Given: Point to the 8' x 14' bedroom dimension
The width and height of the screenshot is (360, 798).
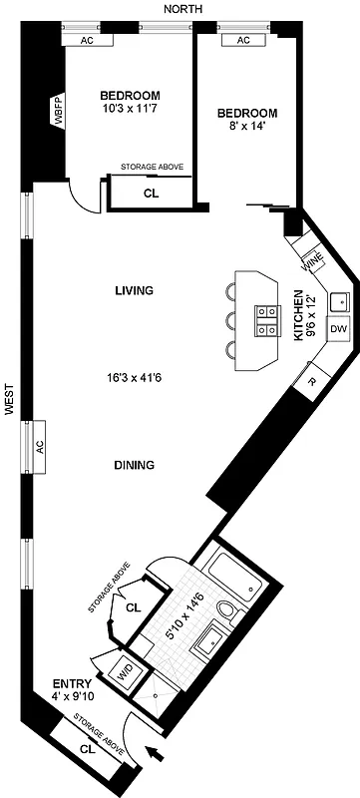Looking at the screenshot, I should click(x=247, y=128).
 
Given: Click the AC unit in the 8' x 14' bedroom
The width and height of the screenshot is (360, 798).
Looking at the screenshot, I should click(x=242, y=41).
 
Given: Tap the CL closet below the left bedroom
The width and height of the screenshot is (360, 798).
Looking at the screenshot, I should click(x=152, y=194).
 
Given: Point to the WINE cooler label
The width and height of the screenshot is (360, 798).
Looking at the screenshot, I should click(x=310, y=262).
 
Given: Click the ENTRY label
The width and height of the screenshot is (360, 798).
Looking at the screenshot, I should click(x=72, y=684).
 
